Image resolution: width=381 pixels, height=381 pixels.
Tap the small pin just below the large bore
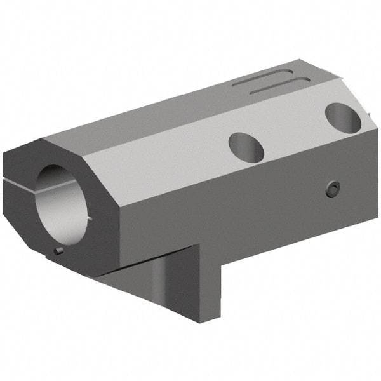tap(58, 250)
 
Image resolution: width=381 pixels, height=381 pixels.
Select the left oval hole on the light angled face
tap(246, 147)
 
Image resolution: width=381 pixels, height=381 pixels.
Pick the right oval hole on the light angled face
tap(343, 117)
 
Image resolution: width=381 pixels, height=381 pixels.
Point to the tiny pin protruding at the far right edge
tap(368, 114)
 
